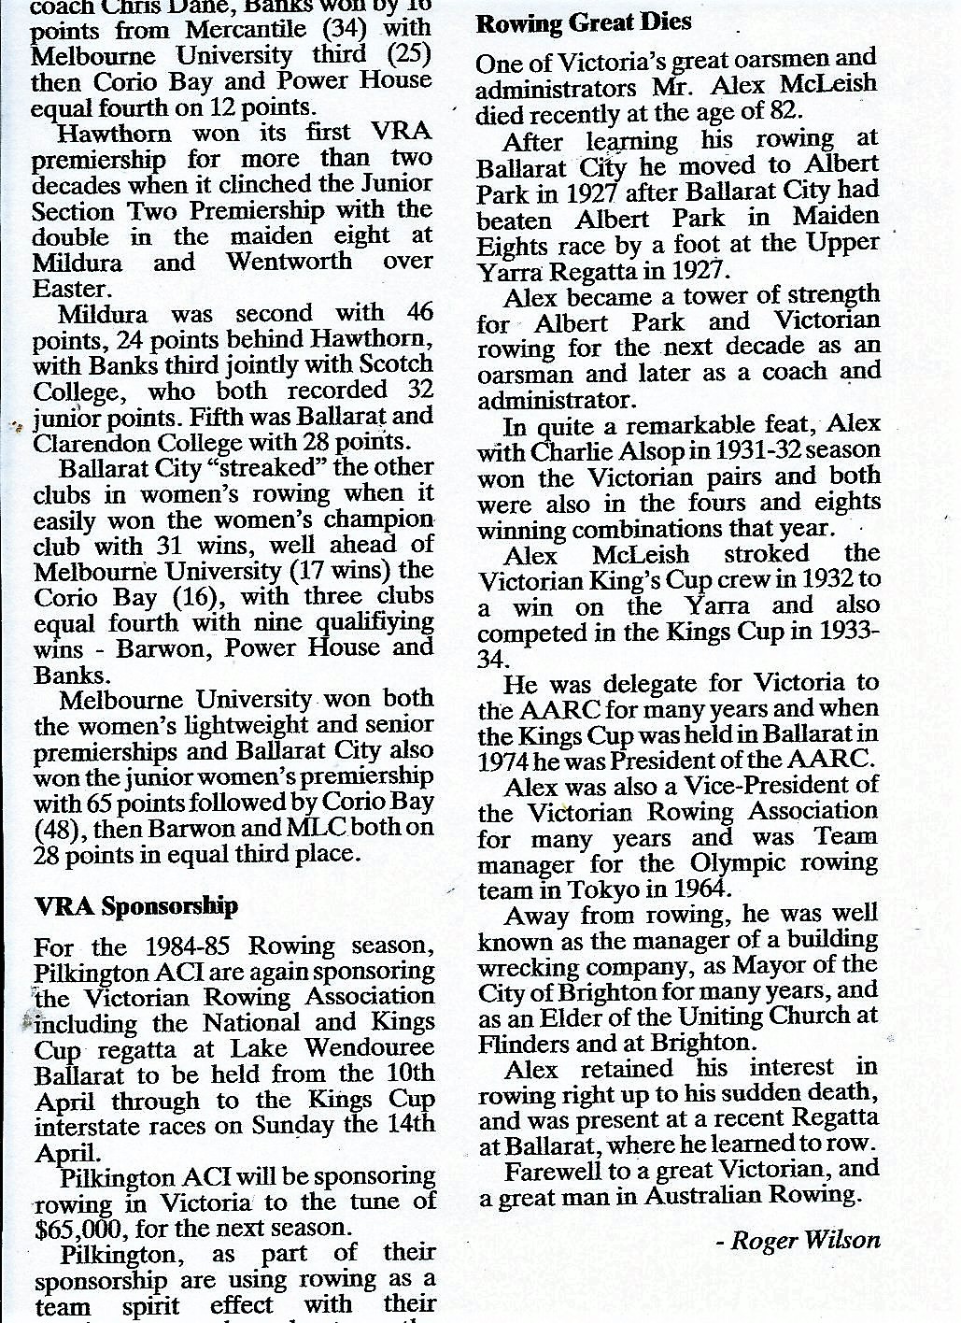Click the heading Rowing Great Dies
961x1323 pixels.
(584, 22)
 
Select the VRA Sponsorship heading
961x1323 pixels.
(135, 905)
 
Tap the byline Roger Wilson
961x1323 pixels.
(804, 1240)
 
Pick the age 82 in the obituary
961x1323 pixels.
(776, 111)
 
